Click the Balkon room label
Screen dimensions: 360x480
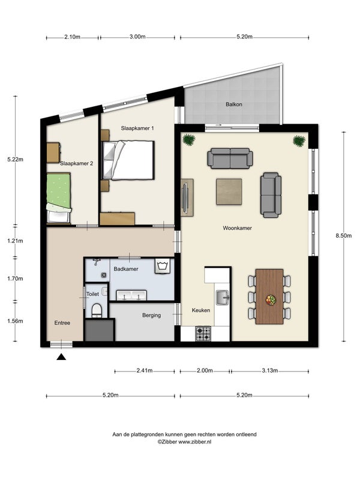coord(234,104)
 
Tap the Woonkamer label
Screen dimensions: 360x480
coord(237,228)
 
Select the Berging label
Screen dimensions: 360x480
coord(152,315)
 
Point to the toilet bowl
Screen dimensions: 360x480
coord(97,310)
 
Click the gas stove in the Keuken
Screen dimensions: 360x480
coord(203,334)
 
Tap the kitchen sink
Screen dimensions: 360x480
coord(223,298)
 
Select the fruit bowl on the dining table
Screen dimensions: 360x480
coord(271,299)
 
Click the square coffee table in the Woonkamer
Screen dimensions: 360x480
coord(229,191)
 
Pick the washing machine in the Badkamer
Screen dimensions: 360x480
coord(162,266)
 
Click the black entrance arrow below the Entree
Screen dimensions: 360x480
coord(61,356)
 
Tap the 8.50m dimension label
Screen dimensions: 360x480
coord(344,235)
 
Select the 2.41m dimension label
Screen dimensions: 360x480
coord(145,370)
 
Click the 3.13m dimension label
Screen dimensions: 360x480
coord(269,370)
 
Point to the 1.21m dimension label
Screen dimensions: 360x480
coord(16,241)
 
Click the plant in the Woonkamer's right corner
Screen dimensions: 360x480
coord(299,141)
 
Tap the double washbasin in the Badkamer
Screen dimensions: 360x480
coord(131,295)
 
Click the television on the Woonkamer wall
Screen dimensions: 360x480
coord(185,197)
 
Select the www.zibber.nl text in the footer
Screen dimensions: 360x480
coord(194,442)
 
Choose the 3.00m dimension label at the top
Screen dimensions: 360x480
coord(137,37)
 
